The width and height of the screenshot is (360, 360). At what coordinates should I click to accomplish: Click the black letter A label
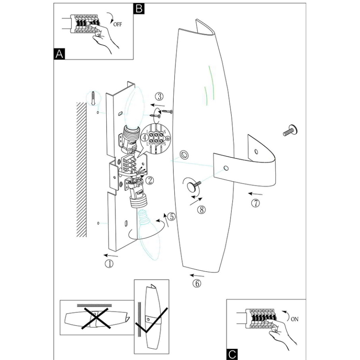click(59, 54)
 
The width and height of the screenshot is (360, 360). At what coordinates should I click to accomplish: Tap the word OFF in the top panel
click(117, 24)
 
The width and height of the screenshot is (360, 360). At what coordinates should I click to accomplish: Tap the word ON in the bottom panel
click(294, 319)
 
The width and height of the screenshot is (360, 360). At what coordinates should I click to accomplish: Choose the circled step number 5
click(172, 216)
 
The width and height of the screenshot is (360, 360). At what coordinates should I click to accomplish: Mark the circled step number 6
click(197, 284)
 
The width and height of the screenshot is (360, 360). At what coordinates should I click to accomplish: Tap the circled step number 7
click(256, 204)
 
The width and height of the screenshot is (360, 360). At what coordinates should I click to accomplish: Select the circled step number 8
click(202, 210)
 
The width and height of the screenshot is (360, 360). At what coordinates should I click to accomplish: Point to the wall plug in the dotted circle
click(95, 98)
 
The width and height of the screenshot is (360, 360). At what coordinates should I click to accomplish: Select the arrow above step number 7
click(255, 194)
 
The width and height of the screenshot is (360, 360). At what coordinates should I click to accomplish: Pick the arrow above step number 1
click(110, 255)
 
